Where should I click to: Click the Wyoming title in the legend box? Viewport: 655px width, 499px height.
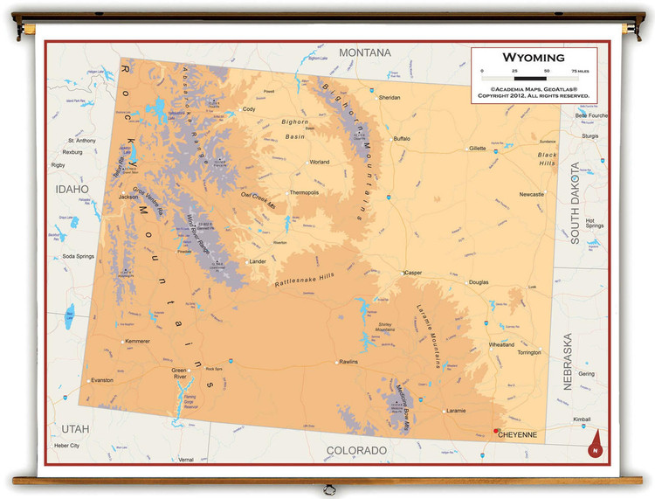(x=532, y=58)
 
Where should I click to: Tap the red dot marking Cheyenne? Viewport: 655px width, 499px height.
(x=495, y=430)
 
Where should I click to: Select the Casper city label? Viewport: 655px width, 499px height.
(x=413, y=273)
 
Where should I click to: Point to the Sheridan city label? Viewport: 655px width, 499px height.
(x=390, y=98)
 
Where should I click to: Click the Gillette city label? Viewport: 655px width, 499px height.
(x=477, y=148)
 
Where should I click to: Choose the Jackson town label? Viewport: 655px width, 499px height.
(x=128, y=197)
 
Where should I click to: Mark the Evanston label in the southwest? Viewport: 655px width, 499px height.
(x=102, y=380)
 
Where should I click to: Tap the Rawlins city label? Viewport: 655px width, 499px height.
(x=349, y=362)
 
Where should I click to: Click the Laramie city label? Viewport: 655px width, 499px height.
(x=456, y=410)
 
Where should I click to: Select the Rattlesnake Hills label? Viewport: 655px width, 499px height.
(x=304, y=281)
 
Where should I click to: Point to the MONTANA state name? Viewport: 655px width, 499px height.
(x=365, y=52)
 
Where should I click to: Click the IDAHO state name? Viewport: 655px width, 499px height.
(x=72, y=189)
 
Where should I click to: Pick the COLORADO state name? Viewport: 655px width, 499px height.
(x=355, y=450)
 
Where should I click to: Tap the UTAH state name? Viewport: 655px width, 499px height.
(x=76, y=428)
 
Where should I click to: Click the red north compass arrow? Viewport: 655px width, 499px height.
(x=594, y=442)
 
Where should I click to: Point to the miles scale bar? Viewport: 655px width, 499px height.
(x=531, y=80)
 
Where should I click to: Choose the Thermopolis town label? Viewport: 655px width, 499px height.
(x=305, y=192)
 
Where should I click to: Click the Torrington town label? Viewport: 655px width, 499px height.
(x=528, y=352)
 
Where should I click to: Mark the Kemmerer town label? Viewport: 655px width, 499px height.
(x=138, y=340)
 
